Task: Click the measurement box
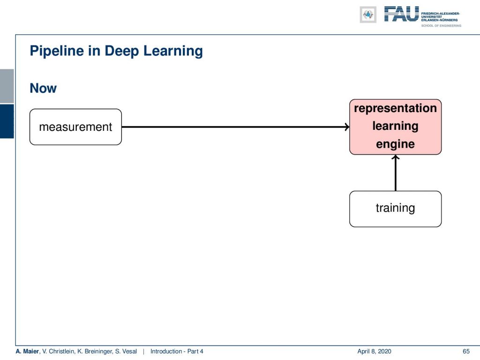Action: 75,127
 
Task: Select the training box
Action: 395,209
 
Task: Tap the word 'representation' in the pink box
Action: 395,109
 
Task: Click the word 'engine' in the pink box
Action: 395,144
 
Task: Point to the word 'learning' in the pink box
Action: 395,127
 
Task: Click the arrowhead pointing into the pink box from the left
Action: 347,127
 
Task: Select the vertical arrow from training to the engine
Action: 396,172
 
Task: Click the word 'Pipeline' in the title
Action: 57,51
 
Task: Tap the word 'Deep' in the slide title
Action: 121,51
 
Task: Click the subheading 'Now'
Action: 43,88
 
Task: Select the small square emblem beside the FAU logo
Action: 368,15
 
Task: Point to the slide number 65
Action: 466,352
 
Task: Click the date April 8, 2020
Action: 374,352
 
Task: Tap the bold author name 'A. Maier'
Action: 27,352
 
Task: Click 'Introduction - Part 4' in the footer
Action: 177,352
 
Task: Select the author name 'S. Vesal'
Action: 126,352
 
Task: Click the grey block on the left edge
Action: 7,86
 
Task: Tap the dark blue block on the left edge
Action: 7,121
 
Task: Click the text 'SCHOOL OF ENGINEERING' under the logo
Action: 441,26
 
